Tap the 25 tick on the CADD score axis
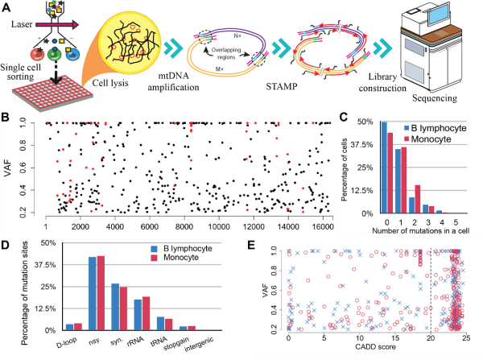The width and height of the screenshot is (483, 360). pos(465,338)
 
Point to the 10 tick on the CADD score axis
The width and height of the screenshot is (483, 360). pos(358,338)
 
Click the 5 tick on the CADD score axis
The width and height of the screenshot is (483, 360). pos(323,338)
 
